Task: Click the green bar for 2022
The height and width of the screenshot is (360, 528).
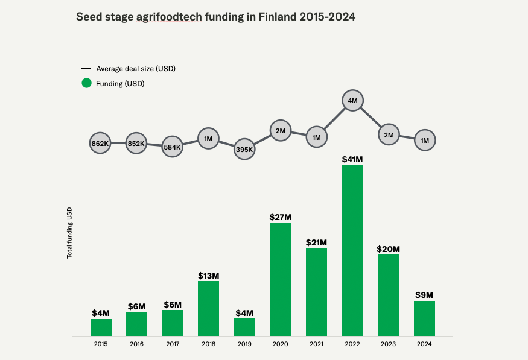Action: point(352,250)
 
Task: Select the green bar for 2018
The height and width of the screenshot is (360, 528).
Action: point(208,308)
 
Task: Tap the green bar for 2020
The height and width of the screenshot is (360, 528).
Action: point(280,279)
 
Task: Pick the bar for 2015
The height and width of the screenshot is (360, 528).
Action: point(101,327)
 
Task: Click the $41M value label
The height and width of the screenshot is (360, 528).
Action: point(352,159)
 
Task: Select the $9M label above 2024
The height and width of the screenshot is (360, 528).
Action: point(424,295)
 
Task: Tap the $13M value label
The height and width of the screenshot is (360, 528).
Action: point(208,276)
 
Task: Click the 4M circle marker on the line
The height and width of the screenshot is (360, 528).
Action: point(353,101)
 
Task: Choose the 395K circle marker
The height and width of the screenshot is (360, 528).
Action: point(244,149)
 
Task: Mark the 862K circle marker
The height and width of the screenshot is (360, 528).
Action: point(100,144)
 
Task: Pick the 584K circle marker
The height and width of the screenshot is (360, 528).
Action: point(173,147)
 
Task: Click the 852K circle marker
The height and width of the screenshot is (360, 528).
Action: point(136,144)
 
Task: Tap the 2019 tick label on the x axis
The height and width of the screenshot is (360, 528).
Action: point(244,344)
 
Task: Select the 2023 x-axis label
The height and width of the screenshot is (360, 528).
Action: point(389,344)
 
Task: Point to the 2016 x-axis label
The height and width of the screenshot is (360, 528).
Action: point(136,344)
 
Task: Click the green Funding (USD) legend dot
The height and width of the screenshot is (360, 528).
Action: point(86,83)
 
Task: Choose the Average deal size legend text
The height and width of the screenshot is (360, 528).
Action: point(136,68)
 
